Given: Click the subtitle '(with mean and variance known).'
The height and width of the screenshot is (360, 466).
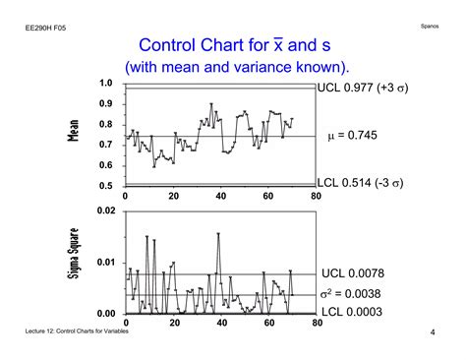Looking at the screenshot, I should pyautogui.click(x=237, y=68).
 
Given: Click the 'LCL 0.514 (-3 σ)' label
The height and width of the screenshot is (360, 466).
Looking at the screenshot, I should pyautogui.click(x=361, y=183).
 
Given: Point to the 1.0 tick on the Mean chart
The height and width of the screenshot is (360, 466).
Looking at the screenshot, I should pyautogui.click(x=105, y=84).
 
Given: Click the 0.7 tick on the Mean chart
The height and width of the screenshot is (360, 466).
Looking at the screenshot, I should pyautogui.click(x=105, y=145).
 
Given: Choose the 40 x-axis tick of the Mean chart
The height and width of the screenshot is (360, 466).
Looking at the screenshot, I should pyautogui.click(x=220, y=196).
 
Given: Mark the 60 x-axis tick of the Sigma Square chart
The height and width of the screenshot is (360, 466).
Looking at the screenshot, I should pyautogui.click(x=268, y=324).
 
